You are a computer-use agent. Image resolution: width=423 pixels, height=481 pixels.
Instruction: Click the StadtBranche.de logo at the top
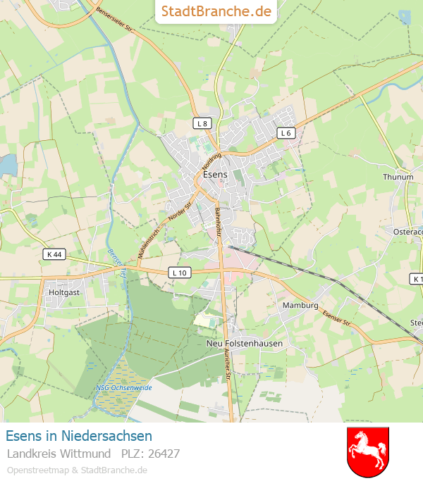click(x=216, y=11)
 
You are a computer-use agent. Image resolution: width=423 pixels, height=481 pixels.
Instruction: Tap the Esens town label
click(x=214, y=173)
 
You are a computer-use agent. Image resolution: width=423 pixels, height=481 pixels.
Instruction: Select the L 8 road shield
click(x=202, y=123)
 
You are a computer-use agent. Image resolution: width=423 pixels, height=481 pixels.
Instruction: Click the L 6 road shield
click(x=285, y=132)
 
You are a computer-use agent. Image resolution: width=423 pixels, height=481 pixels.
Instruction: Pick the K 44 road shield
click(x=53, y=254)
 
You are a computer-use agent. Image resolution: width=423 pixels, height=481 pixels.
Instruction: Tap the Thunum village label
click(x=398, y=177)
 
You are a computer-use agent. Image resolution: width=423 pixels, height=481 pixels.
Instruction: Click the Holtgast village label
click(x=65, y=291)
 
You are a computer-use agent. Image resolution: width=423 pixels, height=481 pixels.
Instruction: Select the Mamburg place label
click(x=300, y=306)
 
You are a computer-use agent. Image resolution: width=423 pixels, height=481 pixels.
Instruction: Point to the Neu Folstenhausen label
click(x=245, y=344)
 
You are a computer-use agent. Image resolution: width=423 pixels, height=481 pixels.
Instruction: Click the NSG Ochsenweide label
click(x=123, y=388)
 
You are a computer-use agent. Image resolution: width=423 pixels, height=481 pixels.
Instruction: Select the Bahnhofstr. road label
click(x=217, y=221)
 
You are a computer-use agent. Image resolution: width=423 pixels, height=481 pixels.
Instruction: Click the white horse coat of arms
click(x=368, y=451)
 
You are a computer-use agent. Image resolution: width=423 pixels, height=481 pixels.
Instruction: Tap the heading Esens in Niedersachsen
click(x=79, y=436)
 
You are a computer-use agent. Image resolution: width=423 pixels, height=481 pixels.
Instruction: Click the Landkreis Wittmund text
click(x=59, y=454)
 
